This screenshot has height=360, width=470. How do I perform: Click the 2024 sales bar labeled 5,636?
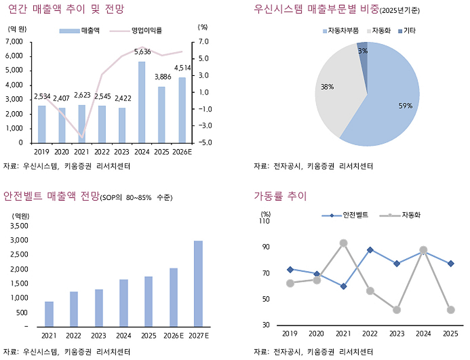pyautogui.click(x=142, y=103)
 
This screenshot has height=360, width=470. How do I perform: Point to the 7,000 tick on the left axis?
pyautogui.click(x=15, y=41)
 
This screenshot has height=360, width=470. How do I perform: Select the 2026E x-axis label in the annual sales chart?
pyautogui.click(x=182, y=152)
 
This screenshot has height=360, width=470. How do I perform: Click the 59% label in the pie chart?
pyautogui.click(x=405, y=105)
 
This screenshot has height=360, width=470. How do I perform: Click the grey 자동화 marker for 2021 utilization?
pyautogui.click(x=343, y=243)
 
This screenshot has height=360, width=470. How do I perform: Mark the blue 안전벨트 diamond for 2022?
pyautogui.click(x=370, y=250)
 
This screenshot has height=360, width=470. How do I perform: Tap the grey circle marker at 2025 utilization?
pyautogui.click(x=450, y=310)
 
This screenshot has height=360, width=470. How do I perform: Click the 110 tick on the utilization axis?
pyautogui.click(x=265, y=221)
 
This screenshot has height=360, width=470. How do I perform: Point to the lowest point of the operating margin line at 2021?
pyautogui.click(x=82, y=138)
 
